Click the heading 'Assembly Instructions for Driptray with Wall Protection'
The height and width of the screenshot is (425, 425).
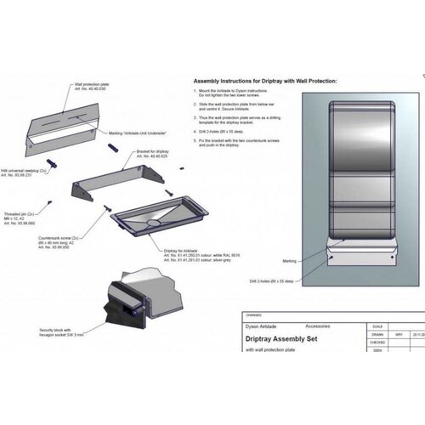point(265,81)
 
